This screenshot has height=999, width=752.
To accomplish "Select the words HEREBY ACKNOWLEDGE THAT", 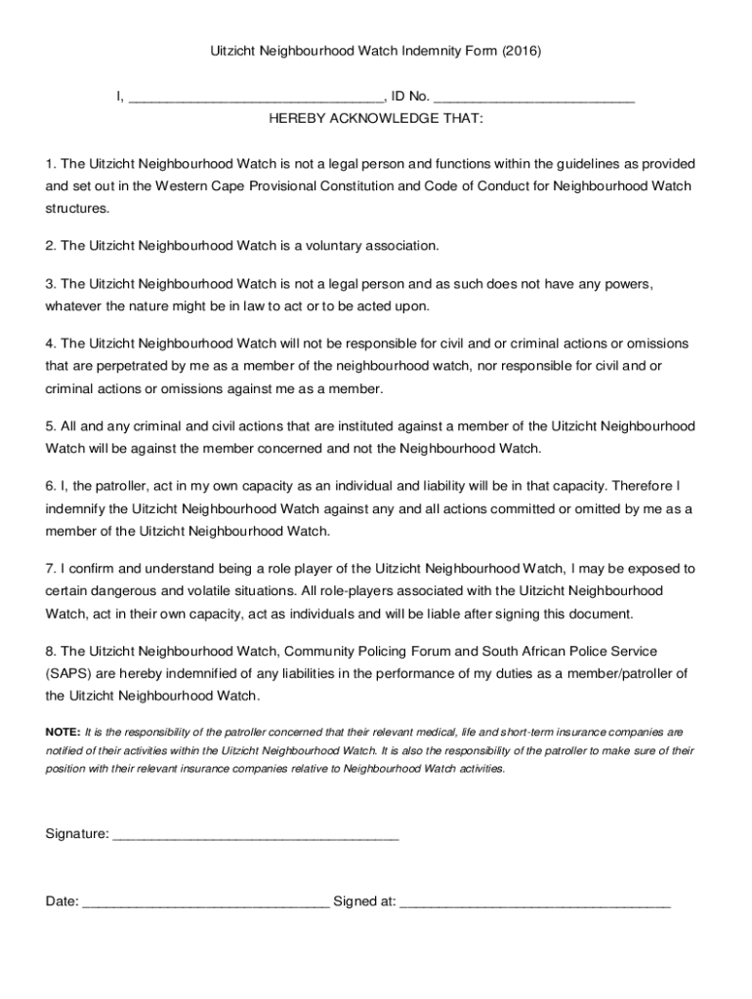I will [376, 118].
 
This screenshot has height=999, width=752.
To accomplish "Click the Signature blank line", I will [256, 835].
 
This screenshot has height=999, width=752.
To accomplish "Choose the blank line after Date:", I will [205, 902].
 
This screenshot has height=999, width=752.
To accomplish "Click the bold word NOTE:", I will [63, 731].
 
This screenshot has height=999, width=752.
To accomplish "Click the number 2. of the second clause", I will [51, 246].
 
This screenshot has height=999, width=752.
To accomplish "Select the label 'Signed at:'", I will [364, 902].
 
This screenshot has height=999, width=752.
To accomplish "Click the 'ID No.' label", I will [410, 98].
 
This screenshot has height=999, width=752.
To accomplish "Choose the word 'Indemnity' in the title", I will [418, 49].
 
